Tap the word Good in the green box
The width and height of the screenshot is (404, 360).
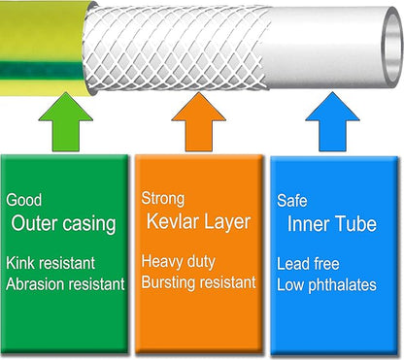click(23, 201)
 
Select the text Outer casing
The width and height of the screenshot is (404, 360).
click(64, 225)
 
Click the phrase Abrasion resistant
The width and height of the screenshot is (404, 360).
click(65, 284)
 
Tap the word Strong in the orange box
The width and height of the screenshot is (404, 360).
click(162, 201)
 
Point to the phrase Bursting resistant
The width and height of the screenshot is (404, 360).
click(198, 283)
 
